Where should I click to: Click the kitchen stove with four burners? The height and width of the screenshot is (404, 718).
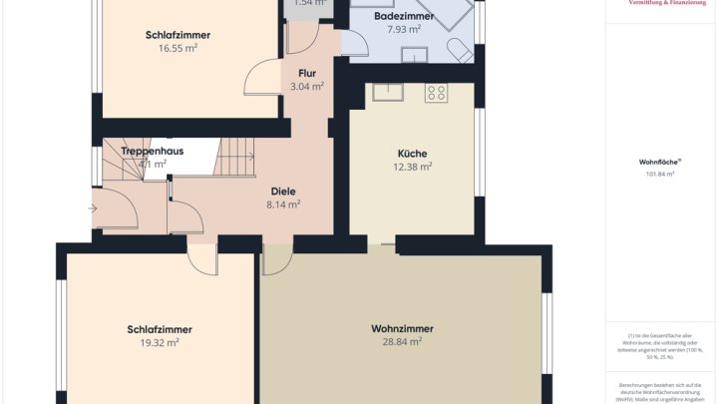click(436, 93)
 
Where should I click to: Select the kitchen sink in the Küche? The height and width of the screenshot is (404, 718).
click(387, 93)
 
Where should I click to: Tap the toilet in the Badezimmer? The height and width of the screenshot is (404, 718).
click(460, 53)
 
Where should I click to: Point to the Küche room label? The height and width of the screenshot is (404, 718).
click(412, 154)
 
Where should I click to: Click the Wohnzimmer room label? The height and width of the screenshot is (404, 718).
click(401, 328)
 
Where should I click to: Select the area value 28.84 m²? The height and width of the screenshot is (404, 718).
click(401, 341)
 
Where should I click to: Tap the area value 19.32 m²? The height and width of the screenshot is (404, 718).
click(159, 342)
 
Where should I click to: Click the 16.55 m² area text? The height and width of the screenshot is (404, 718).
click(178, 47)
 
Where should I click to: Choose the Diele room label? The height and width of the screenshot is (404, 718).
click(283, 191)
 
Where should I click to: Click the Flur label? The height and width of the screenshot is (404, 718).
click(306, 73)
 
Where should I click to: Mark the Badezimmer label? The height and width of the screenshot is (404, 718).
click(403, 17)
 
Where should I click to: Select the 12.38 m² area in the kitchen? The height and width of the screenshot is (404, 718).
click(412, 167)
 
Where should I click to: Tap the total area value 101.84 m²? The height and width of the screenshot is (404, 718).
click(659, 174)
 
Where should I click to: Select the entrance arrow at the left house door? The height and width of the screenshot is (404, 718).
click(93, 209)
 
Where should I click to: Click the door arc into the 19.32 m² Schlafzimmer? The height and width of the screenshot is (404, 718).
click(202, 261)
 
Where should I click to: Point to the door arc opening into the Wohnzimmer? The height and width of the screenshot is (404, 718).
click(276, 261)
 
